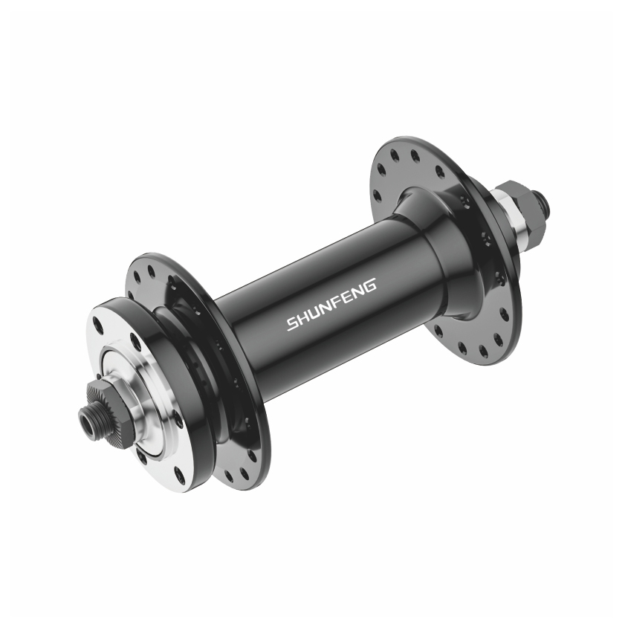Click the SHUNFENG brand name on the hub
331,305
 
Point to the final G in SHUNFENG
370,285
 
